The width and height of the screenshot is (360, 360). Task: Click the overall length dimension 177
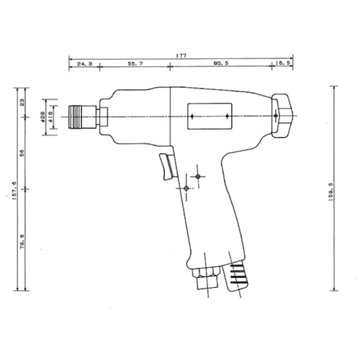point(181,56)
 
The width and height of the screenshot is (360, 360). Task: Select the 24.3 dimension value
point(84,65)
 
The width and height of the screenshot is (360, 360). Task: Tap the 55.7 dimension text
point(135,65)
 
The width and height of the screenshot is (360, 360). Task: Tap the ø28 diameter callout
point(43,117)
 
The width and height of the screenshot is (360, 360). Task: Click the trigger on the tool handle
point(167,166)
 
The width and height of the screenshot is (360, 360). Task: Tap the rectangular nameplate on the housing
point(209,116)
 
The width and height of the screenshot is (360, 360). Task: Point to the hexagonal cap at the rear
point(283,115)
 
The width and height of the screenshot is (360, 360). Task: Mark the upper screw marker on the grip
point(198,176)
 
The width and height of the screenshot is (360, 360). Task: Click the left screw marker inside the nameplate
point(193,116)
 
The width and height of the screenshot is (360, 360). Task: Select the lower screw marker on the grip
point(186,188)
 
